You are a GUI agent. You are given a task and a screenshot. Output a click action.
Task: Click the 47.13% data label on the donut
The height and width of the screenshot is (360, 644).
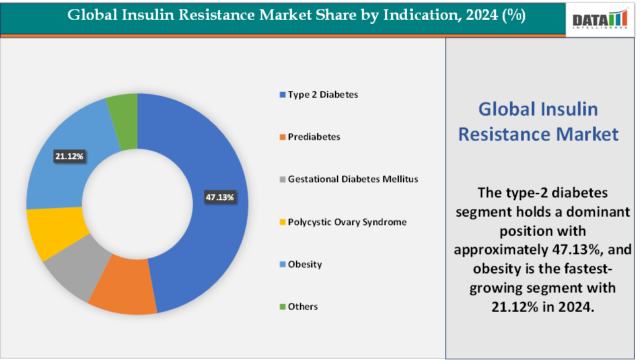(220, 197)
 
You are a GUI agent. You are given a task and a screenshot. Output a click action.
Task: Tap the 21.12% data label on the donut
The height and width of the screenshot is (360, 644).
(69, 156)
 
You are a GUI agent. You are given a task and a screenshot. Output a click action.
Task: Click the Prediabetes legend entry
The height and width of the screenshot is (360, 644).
(314, 137)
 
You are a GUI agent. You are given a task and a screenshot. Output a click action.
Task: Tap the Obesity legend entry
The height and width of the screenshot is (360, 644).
(305, 264)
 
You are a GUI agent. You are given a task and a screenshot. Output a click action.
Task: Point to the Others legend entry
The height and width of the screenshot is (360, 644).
(303, 306)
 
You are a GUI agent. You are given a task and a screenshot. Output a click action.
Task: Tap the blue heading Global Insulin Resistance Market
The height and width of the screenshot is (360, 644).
(538, 122)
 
